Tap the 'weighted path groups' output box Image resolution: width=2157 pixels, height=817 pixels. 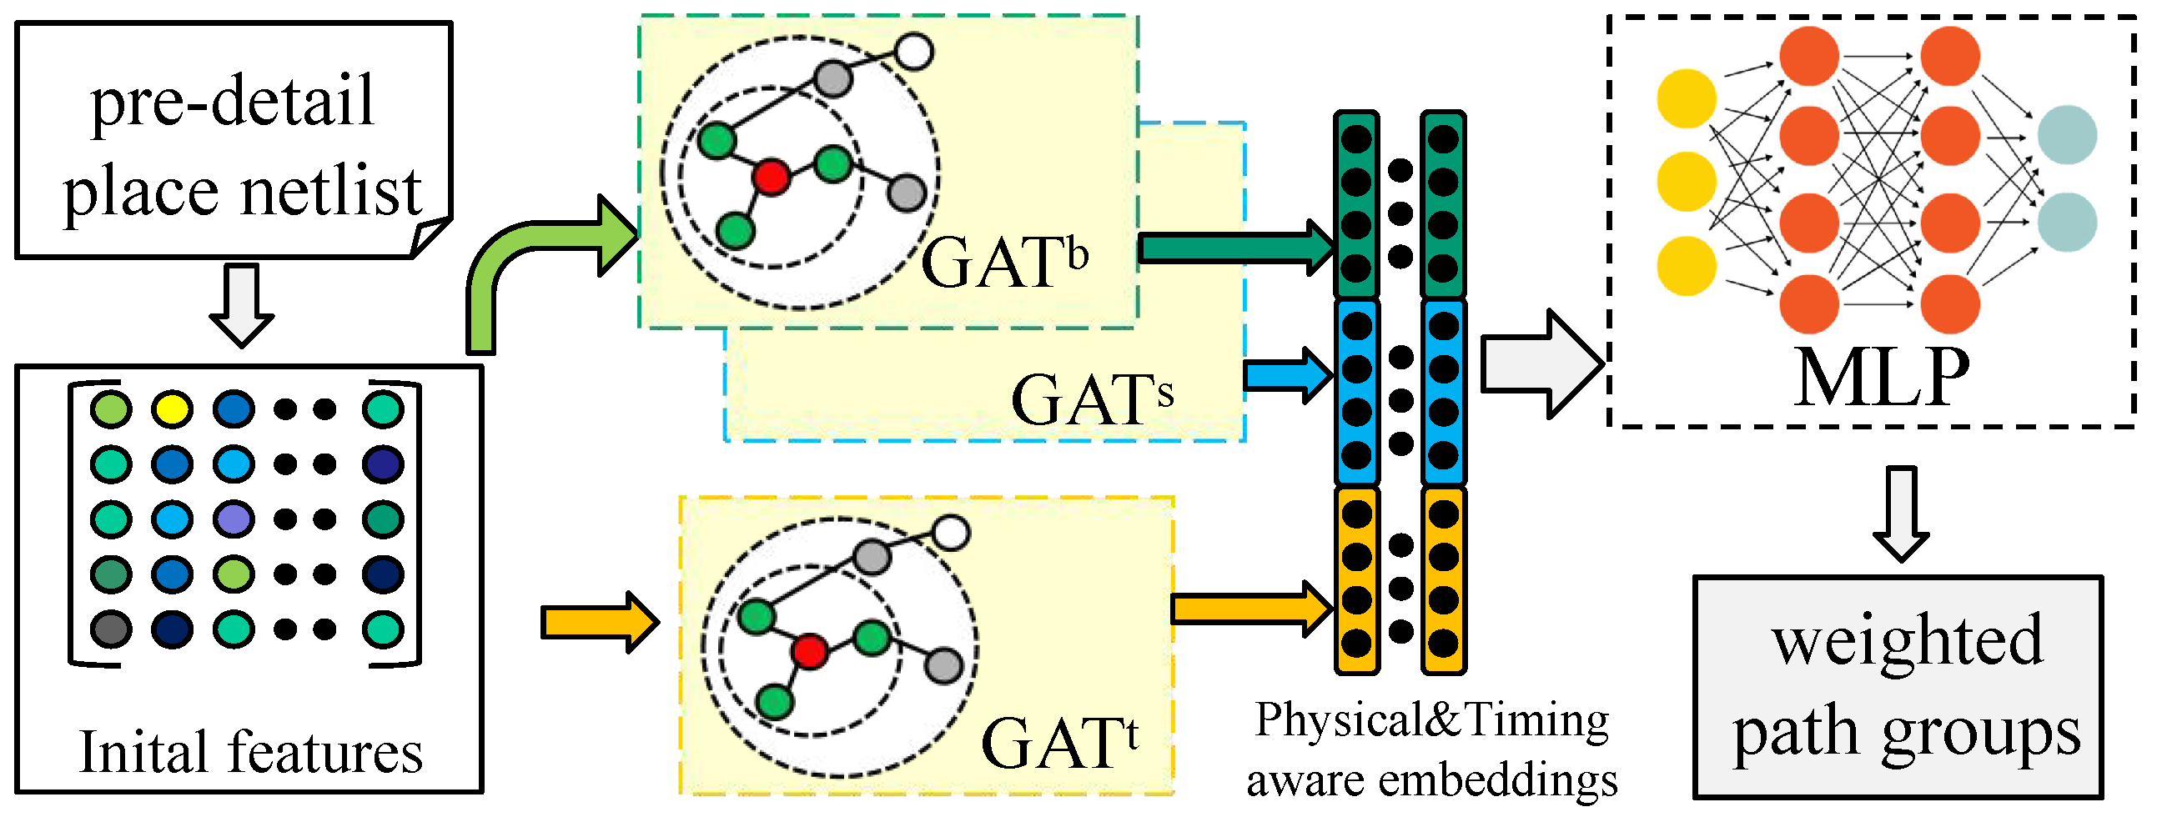click(x=1898, y=686)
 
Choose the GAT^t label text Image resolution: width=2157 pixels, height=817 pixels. click(x=1058, y=743)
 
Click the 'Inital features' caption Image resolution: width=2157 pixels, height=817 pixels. click(x=250, y=752)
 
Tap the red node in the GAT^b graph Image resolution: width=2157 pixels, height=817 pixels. click(x=771, y=178)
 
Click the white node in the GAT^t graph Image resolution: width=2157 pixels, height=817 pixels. click(x=950, y=533)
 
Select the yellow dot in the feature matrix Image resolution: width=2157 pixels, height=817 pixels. click(x=172, y=409)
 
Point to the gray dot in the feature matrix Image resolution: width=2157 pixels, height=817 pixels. click(x=111, y=629)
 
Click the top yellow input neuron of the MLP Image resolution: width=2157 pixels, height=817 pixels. click(x=1687, y=98)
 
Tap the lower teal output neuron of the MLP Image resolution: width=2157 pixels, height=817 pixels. click(x=2067, y=222)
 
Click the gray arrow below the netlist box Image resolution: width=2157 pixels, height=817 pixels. click(x=241, y=305)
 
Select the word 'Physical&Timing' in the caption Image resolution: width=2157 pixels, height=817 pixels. click(x=1431, y=720)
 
